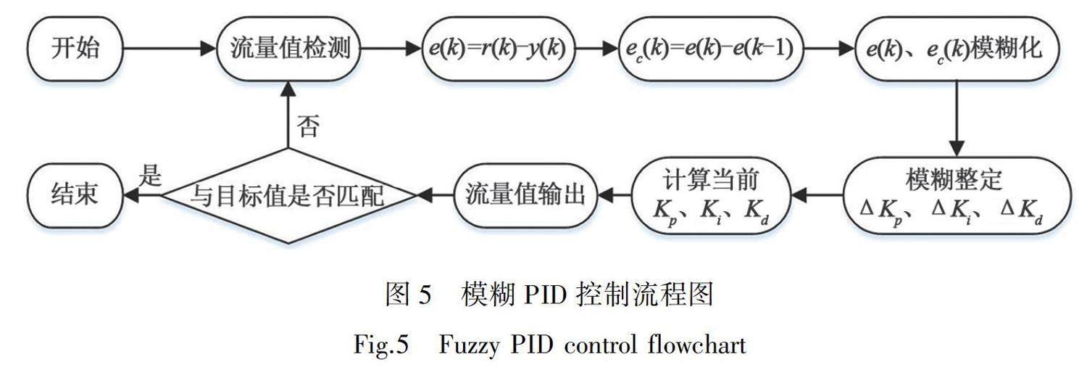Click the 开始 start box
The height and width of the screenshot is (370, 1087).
coord(75,49)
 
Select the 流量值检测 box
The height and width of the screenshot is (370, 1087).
coord(290,49)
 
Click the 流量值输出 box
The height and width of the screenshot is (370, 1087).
coord(525,195)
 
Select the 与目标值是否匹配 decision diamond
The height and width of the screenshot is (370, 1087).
coord(289,195)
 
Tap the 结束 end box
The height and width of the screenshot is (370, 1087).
coord(75,195)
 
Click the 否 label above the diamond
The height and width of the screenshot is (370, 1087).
coord(308,128)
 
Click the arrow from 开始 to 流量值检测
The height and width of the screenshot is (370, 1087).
coord(170,49)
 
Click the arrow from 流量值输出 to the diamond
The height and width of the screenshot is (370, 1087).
coord(435,195)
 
